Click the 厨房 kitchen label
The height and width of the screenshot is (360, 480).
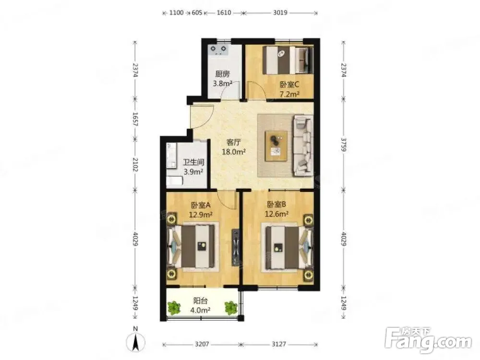(222, 74)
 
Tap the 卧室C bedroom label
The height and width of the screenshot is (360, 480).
(289, 84)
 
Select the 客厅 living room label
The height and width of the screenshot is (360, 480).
(234, 143)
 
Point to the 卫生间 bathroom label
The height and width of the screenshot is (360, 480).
(193, 162)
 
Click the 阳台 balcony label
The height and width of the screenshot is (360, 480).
(200, 300)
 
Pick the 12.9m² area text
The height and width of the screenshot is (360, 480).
(201, 215)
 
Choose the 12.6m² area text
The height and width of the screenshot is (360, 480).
(276, 214)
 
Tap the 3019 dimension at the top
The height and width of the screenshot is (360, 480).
(280, 12)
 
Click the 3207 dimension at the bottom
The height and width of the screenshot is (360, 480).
(202, 344)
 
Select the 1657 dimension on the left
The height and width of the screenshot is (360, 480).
(135, 119)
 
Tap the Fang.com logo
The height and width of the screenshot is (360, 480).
(429, 339)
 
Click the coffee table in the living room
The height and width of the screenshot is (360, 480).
(276, 146)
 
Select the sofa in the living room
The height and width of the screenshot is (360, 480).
(303, 146)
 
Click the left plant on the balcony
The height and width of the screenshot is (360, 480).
(174, 308)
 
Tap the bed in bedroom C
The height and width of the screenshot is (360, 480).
(288, 60)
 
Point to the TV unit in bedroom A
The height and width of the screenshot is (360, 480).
(235, 247)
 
